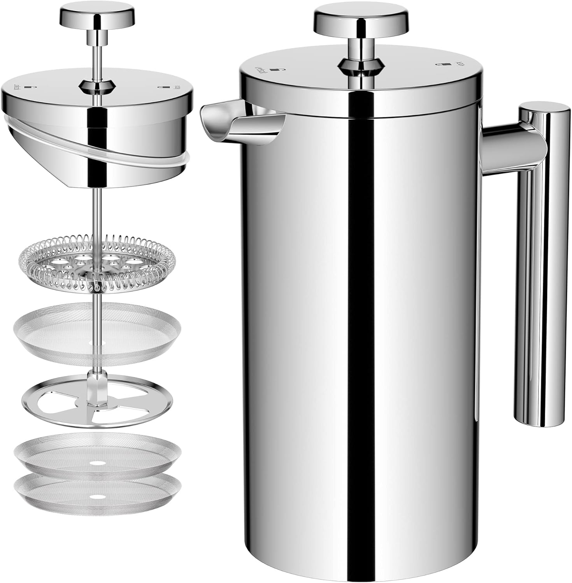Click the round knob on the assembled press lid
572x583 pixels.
pyautogui.click(x=362, y=20)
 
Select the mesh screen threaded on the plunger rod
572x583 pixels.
pyautogui.click(x=97, y=330)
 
